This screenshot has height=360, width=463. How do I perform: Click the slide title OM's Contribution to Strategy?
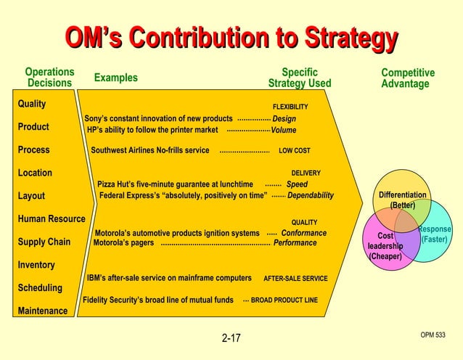click(231, 37)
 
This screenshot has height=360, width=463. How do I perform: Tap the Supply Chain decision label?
click(44, 242)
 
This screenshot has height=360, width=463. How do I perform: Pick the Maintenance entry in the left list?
click(43, 311)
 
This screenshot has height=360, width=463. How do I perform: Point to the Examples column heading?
click(115, 78)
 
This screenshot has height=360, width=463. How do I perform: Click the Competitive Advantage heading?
click(408, 78)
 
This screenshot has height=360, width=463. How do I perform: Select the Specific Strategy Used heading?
click(300, 78)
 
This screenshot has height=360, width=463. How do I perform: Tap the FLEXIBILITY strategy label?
click(290, 107)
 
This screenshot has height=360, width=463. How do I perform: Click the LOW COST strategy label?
click(294, 151)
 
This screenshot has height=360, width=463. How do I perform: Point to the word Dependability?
click(311, 195)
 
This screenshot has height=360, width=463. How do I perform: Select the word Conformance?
click(304, 233)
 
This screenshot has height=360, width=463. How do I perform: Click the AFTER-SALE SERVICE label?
click(295, 278)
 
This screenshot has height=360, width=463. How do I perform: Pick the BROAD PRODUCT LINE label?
click(284, 300)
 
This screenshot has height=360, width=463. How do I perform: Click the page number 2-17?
click(231, 338)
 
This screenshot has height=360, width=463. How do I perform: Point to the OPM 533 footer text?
click(433, 335)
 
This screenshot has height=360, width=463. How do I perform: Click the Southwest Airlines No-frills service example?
click(150, 151)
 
